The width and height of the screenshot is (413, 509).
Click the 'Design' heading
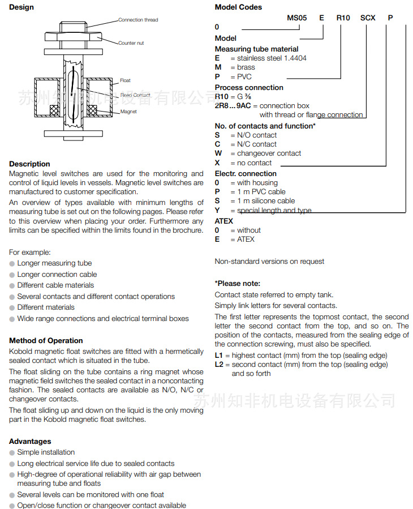pyautogui.click(x=21, y=7)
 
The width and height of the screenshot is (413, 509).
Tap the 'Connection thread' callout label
pyautogui.click(x=138, y=20)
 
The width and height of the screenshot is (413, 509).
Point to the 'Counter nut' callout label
pyautogui.click(x=131, y=43)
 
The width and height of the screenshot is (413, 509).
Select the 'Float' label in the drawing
pyautogui.click(x=125, y=80)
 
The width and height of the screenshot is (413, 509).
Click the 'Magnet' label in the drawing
pyautogui.click(x=128, y=112)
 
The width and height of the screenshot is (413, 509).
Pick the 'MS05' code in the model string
pyautogui.click(x=296, y=18)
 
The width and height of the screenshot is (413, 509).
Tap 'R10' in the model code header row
pyautogui.click(x=343, y=18)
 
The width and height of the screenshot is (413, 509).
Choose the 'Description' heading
pyautogui.click(x=29, y=164)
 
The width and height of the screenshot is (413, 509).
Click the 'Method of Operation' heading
pyautogui.click(x=46, y=341)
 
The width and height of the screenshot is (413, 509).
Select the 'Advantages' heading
pyautogui.click(x=30, y=441)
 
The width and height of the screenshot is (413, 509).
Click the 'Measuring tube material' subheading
pyautogui.click(x=256, y=49)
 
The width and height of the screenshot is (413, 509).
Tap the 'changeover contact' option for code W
pyautogui.click(x=269, y=153)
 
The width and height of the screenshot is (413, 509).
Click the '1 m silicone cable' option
pyautogui.click(x=266, y=201)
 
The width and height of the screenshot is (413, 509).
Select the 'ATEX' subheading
pyautogui.click(x=224, y=221)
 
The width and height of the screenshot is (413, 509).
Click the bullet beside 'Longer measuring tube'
pyautogui.click(x=12, y=263)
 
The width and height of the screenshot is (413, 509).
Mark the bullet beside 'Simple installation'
pyautogui.click(x=12, y=452)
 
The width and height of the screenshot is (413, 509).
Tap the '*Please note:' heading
pyautogui.click(x=238, y=283)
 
